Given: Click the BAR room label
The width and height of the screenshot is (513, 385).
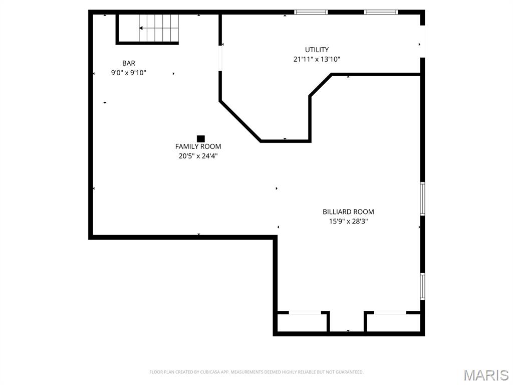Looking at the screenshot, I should coord(129,63).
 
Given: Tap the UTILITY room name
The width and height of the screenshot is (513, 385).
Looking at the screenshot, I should coord(317,50).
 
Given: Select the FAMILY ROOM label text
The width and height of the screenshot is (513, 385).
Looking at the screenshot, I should coord(198,146).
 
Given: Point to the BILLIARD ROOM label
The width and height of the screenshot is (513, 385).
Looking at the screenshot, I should coord(348,212).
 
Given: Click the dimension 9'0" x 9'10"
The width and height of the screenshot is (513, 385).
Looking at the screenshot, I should coord(128,73).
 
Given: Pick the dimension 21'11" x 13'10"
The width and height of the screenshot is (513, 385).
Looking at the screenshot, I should coord(317,59).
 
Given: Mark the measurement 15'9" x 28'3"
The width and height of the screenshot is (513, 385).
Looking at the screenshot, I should coord(348,221).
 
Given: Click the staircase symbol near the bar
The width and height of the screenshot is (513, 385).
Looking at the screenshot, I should coord(158,28).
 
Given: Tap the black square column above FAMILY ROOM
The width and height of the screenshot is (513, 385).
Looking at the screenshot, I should coord(201,138).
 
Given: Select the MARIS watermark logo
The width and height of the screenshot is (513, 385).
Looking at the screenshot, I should coord(485,375).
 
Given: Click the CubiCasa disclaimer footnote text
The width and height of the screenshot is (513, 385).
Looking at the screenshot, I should coord(256,372).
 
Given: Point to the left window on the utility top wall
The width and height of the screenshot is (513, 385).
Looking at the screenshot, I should coord(311,12).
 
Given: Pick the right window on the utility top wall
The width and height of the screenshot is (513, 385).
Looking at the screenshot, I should coord(381,12).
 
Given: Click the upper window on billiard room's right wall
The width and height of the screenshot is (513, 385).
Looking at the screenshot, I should coord(422,199).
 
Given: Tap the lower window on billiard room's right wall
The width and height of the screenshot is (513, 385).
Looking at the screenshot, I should coord(422,286).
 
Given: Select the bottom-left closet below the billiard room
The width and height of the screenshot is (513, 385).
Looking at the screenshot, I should coord(303,322).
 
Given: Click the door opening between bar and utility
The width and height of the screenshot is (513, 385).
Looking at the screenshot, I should coord(220,58).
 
